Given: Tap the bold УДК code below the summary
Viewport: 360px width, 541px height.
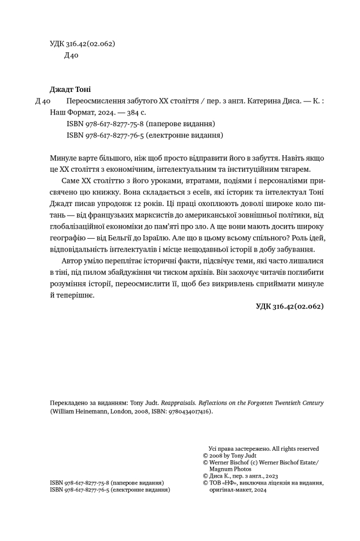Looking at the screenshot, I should (289, 306).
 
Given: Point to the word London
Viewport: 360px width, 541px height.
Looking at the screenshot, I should (118, 411).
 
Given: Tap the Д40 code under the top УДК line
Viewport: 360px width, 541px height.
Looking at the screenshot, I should (71, 55).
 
